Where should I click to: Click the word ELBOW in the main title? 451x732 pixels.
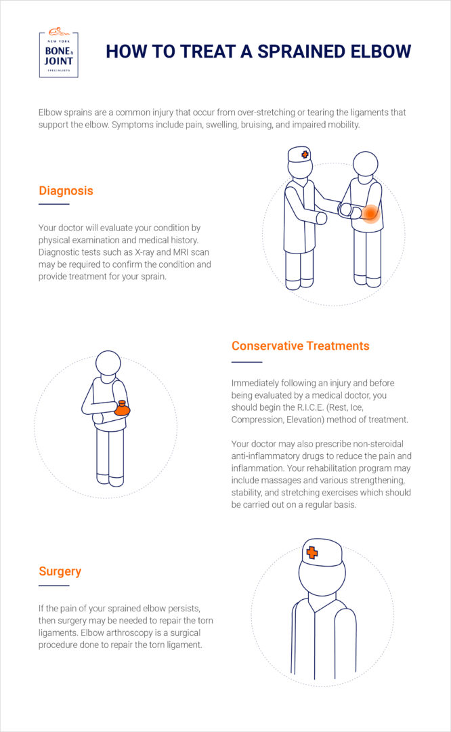[x=378, y=52]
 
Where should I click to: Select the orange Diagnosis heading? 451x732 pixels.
[x=66, y=190]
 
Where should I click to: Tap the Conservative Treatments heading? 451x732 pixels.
[x=300, y=346]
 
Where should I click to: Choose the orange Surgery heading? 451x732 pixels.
[x=60, y=571]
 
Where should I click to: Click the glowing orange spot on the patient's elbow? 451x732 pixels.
[x=370, y=214]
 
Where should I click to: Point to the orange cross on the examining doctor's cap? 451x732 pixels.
[x=305, y=155]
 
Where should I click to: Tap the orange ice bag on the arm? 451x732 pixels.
[x=122, y=409]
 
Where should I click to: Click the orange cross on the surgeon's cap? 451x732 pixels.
[x=312, y=552]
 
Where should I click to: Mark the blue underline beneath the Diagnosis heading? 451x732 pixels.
[x=54, y=204]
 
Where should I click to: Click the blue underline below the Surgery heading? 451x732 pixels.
[x=54, y=585]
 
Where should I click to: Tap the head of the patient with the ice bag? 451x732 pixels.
[x=108, y=363]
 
